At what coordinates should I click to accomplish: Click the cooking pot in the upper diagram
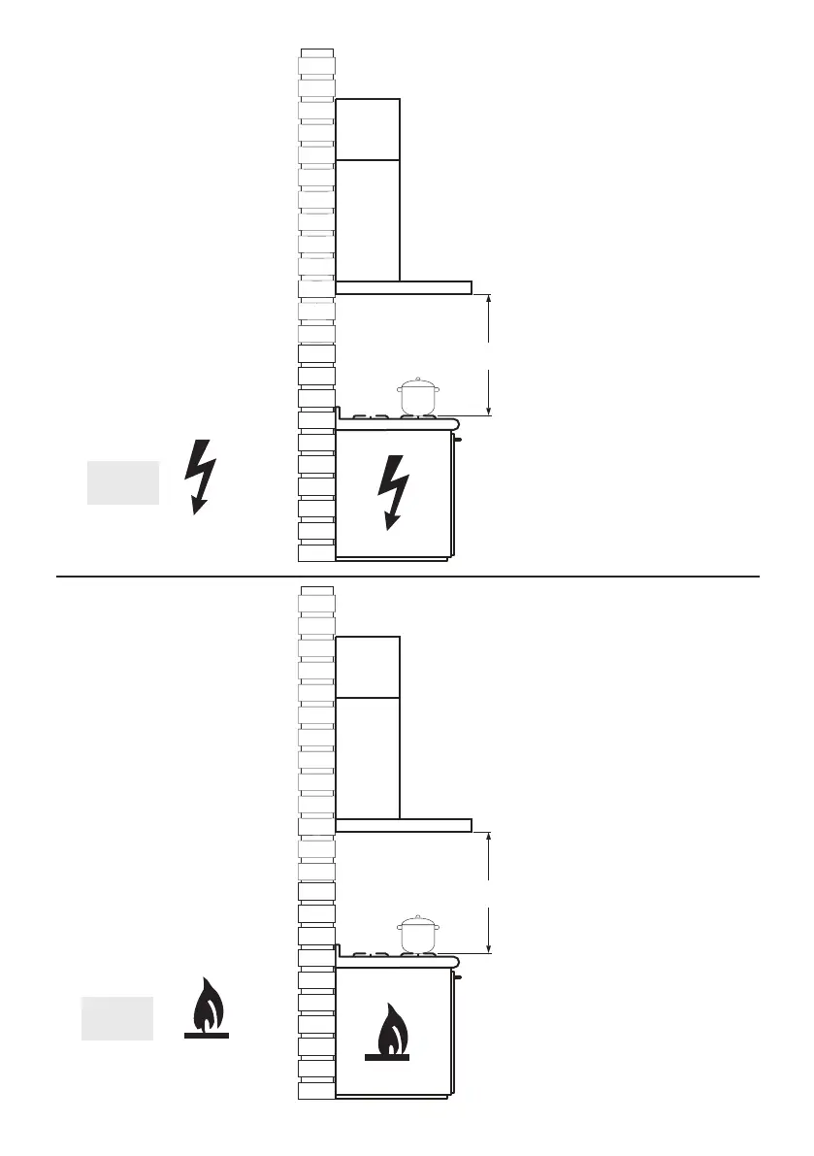(x=418, y=398)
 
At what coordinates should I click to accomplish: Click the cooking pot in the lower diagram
(x=418, y=936)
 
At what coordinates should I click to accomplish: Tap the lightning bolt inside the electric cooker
(x=393, y=491)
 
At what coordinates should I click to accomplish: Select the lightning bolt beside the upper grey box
(x=201, y=477)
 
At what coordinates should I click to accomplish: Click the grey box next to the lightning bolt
(x=123, y=483)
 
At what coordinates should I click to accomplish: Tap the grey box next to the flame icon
(x=117, y=1018)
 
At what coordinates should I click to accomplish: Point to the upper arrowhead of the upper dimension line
(x=489, y=300)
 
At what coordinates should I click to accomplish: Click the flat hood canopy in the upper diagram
(x=404, y=287)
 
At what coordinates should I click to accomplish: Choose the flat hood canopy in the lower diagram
(x=404, y=825)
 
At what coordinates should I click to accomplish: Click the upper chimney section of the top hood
(x=368, y=129)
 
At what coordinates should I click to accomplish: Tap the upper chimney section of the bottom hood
(x=368, y=667)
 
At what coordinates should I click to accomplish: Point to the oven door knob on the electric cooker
(x=458, y=440)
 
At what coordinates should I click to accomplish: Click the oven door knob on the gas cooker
(x=458, y=977)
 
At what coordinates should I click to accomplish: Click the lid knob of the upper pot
(x=418, y=380)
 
